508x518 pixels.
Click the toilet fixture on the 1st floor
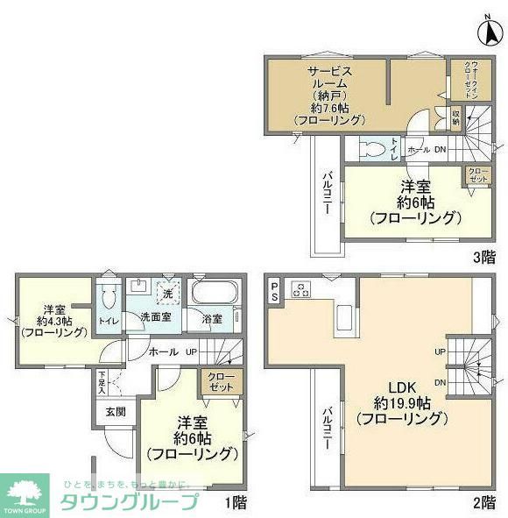pyautogui.click(x=109, y=294)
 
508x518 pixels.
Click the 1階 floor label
pyautogui.click(x=236, y=502)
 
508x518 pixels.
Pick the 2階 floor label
pyautogui.click(x=483, y=502)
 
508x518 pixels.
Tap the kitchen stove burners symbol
pyautogui.click(x=300, y=288)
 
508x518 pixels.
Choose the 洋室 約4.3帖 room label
pyautogui.click(x=54, y=321)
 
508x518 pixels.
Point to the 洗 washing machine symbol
pyautogui.click(x=166, y=293)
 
